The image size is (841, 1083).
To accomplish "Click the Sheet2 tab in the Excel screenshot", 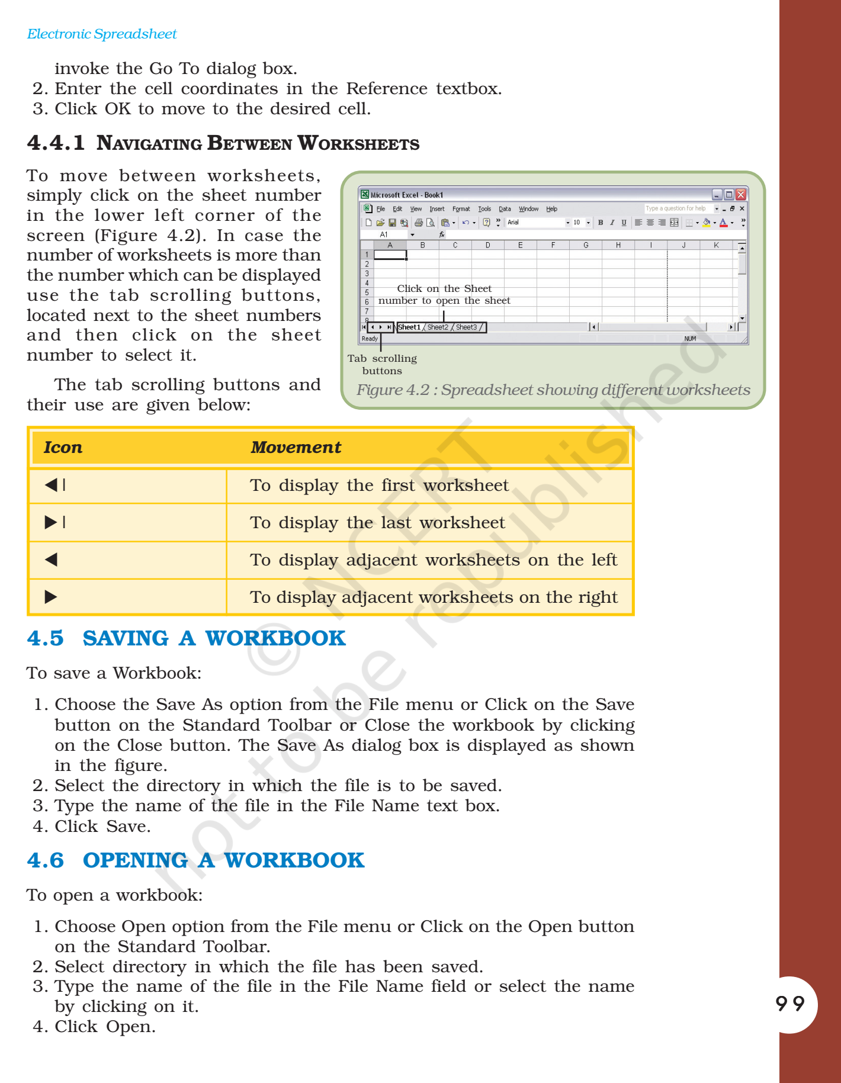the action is [438, 327].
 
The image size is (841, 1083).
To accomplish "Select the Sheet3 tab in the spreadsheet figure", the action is [466, 327].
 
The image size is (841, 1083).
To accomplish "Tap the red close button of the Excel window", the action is [740, 195].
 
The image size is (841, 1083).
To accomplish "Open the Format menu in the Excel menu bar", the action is [461, 209].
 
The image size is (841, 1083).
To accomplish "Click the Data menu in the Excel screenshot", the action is [505, 209].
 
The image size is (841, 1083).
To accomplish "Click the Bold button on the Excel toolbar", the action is [601, 223].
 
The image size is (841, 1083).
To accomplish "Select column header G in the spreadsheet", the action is [586, 245].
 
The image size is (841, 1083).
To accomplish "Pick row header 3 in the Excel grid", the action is [367, 274].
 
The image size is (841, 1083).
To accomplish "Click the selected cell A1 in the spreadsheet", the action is [390, 255].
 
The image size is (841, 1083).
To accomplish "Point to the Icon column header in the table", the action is [63, 448].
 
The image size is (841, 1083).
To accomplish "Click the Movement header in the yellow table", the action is [296, 448].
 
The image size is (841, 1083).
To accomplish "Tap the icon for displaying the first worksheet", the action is [55, 485].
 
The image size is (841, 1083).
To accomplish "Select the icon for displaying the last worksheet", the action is [55, 522].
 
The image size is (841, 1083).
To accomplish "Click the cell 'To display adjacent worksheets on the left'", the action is [433, 560].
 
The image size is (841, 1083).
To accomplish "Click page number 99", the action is [790, 1004].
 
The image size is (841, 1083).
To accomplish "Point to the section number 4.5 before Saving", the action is [45, 638].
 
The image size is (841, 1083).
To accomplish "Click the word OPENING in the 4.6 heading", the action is [135, 860].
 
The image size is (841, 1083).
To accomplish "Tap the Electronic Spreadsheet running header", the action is [102, 34].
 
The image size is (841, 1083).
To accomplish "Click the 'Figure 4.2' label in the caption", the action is [393, 390].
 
